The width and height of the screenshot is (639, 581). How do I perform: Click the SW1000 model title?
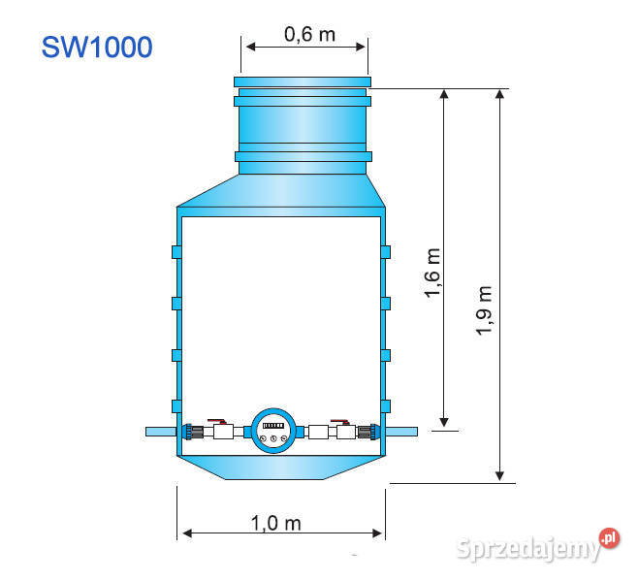(97, 48)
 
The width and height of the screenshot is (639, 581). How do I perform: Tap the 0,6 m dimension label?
(309, 35)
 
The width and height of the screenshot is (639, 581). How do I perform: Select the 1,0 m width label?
(276, 523)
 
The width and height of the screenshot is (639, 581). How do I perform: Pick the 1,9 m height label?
(485, 310)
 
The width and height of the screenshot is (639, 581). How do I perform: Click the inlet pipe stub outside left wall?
(160, 432)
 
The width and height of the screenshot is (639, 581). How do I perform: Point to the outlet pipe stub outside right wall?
(401, 432)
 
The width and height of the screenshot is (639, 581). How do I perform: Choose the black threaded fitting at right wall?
(366, 432)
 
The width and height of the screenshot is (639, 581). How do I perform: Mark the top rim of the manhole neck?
(303, 81)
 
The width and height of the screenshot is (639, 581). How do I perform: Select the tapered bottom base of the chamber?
(281, 467)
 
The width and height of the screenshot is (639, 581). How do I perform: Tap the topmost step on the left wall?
(176, 252)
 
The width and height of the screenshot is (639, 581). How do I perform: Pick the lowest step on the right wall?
(386, 404)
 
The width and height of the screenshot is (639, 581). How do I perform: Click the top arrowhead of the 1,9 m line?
(500, 94)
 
